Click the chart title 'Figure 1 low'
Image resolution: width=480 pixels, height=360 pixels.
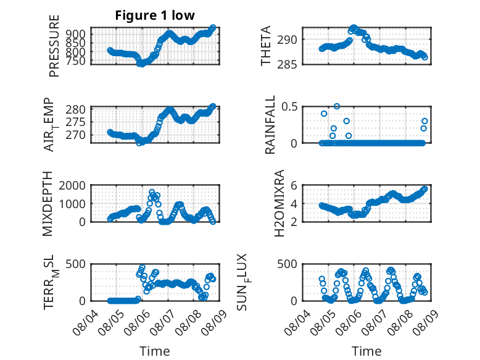pyautogui.click(x=155, y=15)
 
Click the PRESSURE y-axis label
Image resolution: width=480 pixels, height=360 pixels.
pyautogui.click(x=54, y=46)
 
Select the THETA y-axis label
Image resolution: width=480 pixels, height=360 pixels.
pyautogui.click(x=266, y=46)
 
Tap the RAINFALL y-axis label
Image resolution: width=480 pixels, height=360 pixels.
pyautogui.click(x=270, y=125)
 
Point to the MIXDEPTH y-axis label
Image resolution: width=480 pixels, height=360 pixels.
pyautogui.click(x=48, y=204)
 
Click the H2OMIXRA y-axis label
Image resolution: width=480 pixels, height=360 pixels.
pyautogui.click(x=279, y=203)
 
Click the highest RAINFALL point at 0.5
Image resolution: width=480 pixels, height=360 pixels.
pyautogui.click(x=337, y=106)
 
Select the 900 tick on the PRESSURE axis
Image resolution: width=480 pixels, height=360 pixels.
pyautogui.click(x=77, y=34)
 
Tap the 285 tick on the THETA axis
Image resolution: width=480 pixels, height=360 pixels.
pyautogui.click(x=287, y=64)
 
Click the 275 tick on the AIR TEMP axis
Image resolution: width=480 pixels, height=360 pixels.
pyautogui.click(x=76, y=122)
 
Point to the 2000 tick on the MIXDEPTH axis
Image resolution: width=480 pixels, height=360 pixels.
pyautogui.click(x=72, y=185)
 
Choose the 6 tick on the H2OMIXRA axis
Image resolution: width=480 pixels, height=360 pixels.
pyautogui.click(x=294, y=185)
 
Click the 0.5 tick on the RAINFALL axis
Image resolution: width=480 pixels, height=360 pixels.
pyautogui.click(x=289, y=107)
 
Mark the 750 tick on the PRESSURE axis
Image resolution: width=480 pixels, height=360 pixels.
pyautogui.click(x=77, y=61)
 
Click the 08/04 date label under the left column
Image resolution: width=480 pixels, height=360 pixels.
pyautogui.click(x=85, y=322)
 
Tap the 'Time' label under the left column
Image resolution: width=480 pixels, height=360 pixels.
pyautogui.click(x=155, y=351)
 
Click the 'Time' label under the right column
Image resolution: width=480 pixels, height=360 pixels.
pyautogui.click(x=366, y=351)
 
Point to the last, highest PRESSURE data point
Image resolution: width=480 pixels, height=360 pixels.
pyautogui.click(x=213, y=28)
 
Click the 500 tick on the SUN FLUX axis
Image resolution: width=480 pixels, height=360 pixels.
pyautogui.click(x=287, y=264)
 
